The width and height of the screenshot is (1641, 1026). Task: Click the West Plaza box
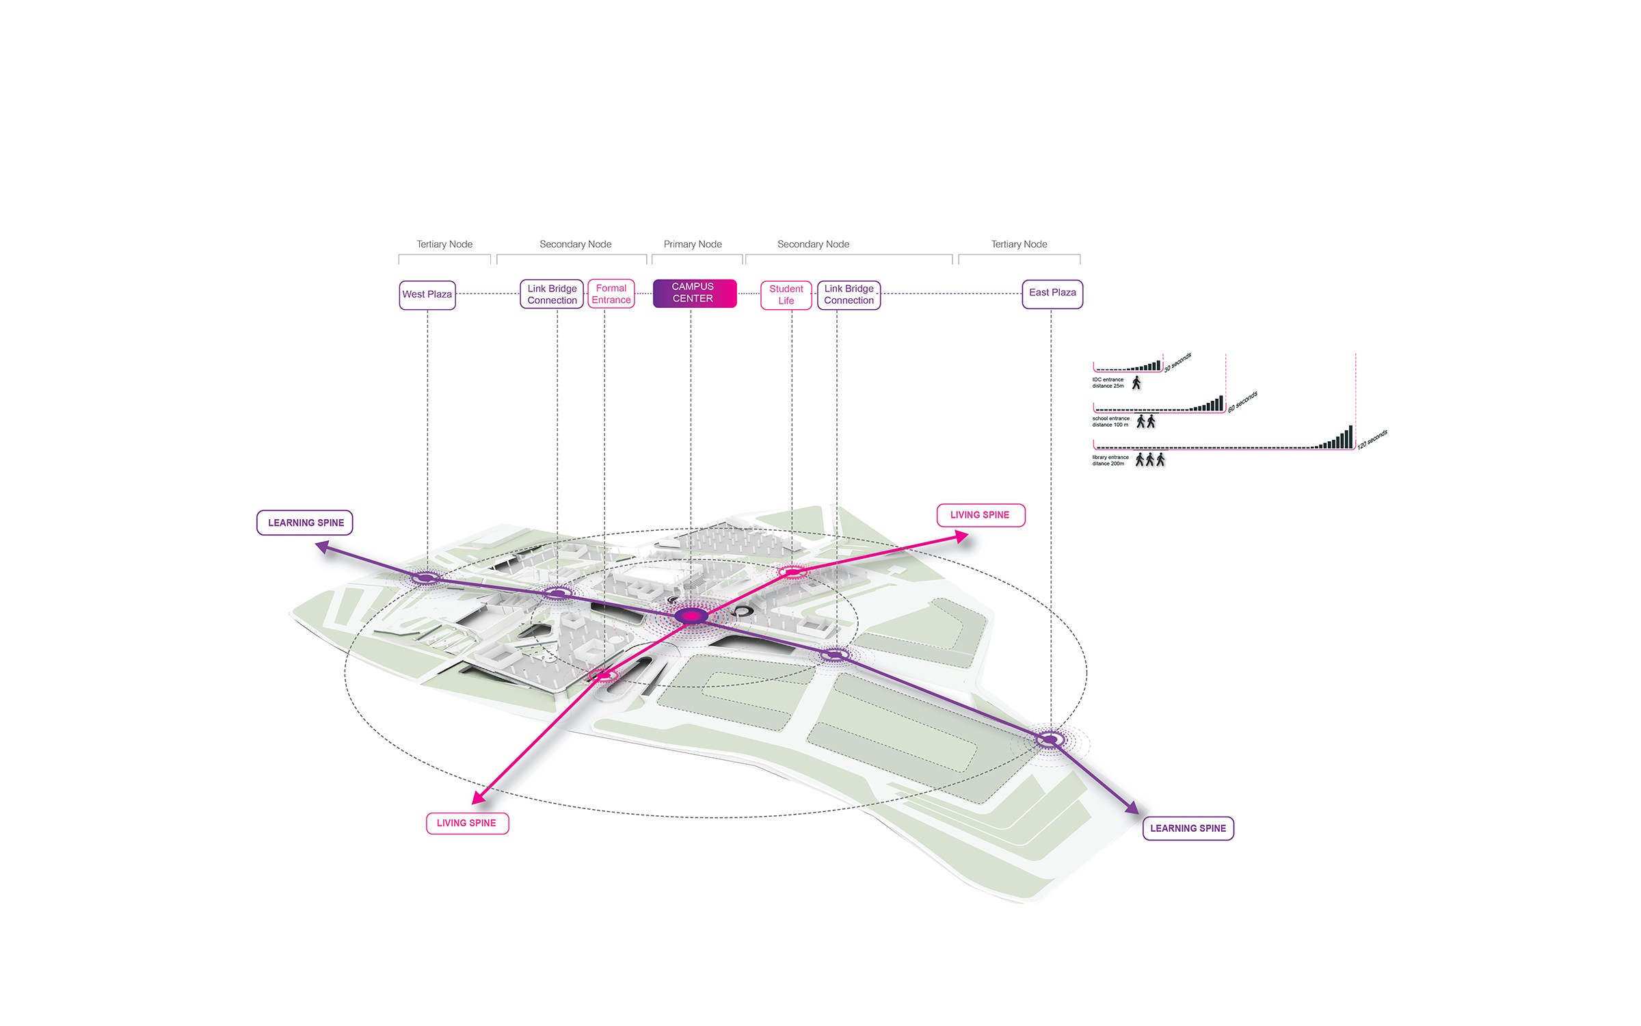[x=427, y=295]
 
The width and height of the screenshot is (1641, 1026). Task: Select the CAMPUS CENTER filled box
[x=694, y=293]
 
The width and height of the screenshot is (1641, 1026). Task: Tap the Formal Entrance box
[x=611, y=294]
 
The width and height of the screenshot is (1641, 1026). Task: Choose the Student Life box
[x=786, y=295]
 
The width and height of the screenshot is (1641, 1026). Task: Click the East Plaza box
[x=1052, y=293]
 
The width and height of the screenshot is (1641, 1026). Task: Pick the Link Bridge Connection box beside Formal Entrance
[x=552, y=294]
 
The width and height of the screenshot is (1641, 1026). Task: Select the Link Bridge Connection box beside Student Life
[x=849, y=295]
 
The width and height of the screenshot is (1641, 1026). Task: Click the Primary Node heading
[x=693, y=244]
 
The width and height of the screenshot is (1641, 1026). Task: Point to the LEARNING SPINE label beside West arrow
[x=306, y=523]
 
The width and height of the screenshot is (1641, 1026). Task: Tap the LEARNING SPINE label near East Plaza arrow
[x=1188, y=828]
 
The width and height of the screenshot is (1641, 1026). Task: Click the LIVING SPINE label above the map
[x=980, y=515]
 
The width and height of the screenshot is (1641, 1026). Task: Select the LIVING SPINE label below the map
[x=467, y=823]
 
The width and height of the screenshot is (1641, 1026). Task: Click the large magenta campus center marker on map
[x=692, y=616]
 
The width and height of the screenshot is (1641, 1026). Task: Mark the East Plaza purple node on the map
[x=1050, y=739]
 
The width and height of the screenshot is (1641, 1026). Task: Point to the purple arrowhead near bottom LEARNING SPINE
[x=1132, y=808]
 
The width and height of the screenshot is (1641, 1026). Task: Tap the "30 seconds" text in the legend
[x=1178, y=363]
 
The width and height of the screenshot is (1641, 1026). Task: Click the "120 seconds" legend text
[x=1372, y=440]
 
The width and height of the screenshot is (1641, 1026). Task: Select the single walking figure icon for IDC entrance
[x=1136, y=383]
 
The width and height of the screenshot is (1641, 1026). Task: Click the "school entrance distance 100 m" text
[x=1110, y=421]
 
